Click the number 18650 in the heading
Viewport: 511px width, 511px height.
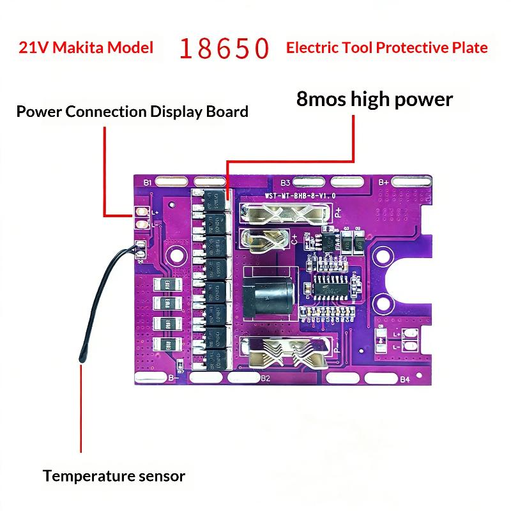pos(223,49)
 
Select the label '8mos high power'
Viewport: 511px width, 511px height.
pos(374,99)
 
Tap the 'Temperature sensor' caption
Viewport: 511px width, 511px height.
pos(114,476)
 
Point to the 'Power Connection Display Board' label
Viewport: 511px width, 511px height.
pos(132,112)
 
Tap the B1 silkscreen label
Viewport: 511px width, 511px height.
pos(148,183)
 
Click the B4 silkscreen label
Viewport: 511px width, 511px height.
pos(404,379)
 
